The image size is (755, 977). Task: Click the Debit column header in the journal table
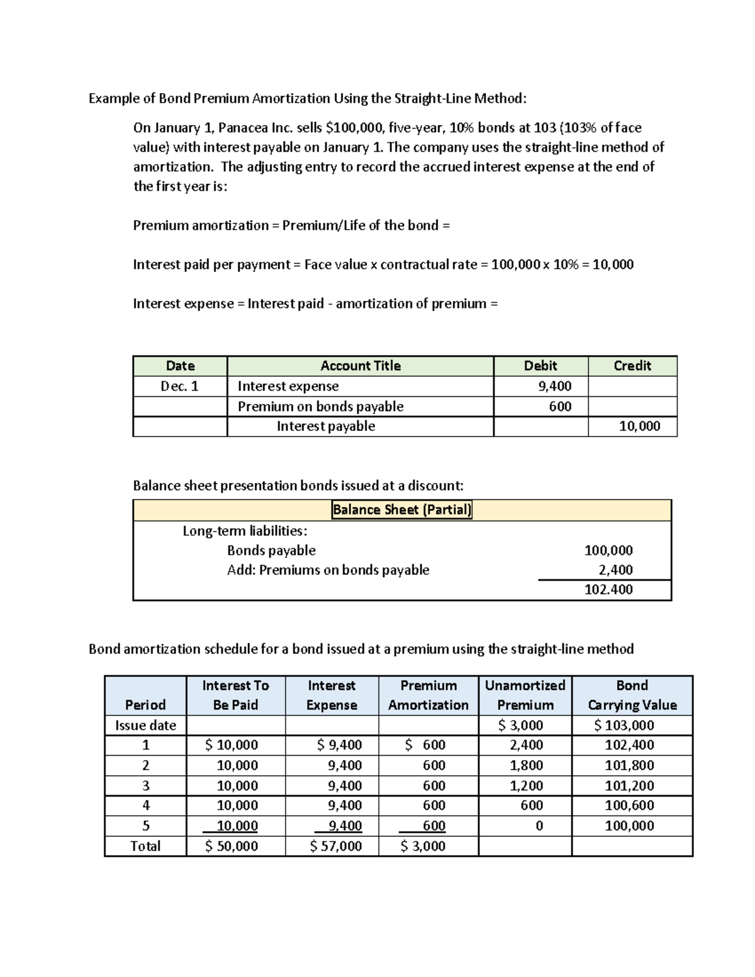[x=540, y=366]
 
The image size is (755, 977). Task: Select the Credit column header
[x=632, y=366]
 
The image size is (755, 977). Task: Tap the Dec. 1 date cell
[x=179, y=386]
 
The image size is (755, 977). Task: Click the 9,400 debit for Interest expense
[x=554, y=386]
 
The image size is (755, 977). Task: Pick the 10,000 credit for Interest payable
[x=639, y=427]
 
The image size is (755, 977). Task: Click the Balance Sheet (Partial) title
[x=401, y=510]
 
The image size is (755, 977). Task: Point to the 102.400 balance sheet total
[x=608, y=590]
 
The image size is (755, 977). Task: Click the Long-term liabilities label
[x=245, y=531]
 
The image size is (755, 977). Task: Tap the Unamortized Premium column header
[x=525, y=695]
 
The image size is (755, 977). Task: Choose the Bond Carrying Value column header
[x=632, y=695]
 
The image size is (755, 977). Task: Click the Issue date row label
[x=145, y=725]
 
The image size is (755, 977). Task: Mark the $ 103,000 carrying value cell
[x=624, y=725]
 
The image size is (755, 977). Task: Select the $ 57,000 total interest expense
[x=335, y=846]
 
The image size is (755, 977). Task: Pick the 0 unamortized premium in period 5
[x=539, y=826]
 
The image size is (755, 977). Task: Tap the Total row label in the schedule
[x=145, y=846]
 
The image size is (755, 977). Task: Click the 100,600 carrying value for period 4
[x=629, y=805]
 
